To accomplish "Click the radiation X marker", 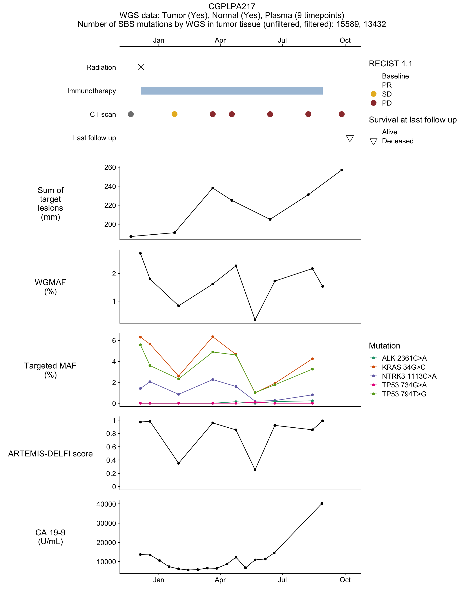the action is (141, 67).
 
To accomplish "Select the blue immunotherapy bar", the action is (232, 91).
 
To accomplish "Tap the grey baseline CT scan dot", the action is (131, 114).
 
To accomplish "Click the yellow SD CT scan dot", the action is (174, 114).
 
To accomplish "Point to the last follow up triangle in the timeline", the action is (350, 139).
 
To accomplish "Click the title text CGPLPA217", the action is (232, 6).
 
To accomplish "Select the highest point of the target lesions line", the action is (342, 170).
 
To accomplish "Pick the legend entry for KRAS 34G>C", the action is (398, 367).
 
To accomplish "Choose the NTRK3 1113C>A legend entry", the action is (403, 376).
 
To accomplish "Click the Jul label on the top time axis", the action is (282, 40).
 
